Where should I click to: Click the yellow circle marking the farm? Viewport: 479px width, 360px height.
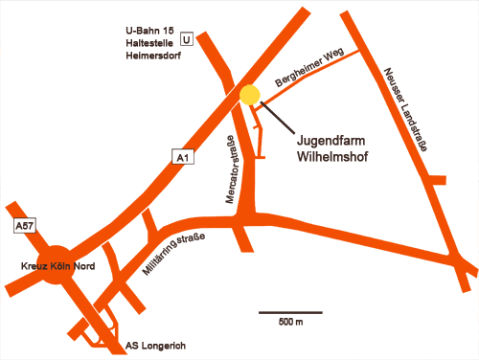[x=250, y=95]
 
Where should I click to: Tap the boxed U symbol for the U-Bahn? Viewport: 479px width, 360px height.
[x=187, y=39]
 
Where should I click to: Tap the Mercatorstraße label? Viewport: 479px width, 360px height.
[x=230, y=173]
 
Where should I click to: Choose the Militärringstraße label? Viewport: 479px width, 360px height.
[x=173, y=256]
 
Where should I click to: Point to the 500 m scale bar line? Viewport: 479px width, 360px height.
[x=290, y=312]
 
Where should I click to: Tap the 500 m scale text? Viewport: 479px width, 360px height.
[x=290, y=323]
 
